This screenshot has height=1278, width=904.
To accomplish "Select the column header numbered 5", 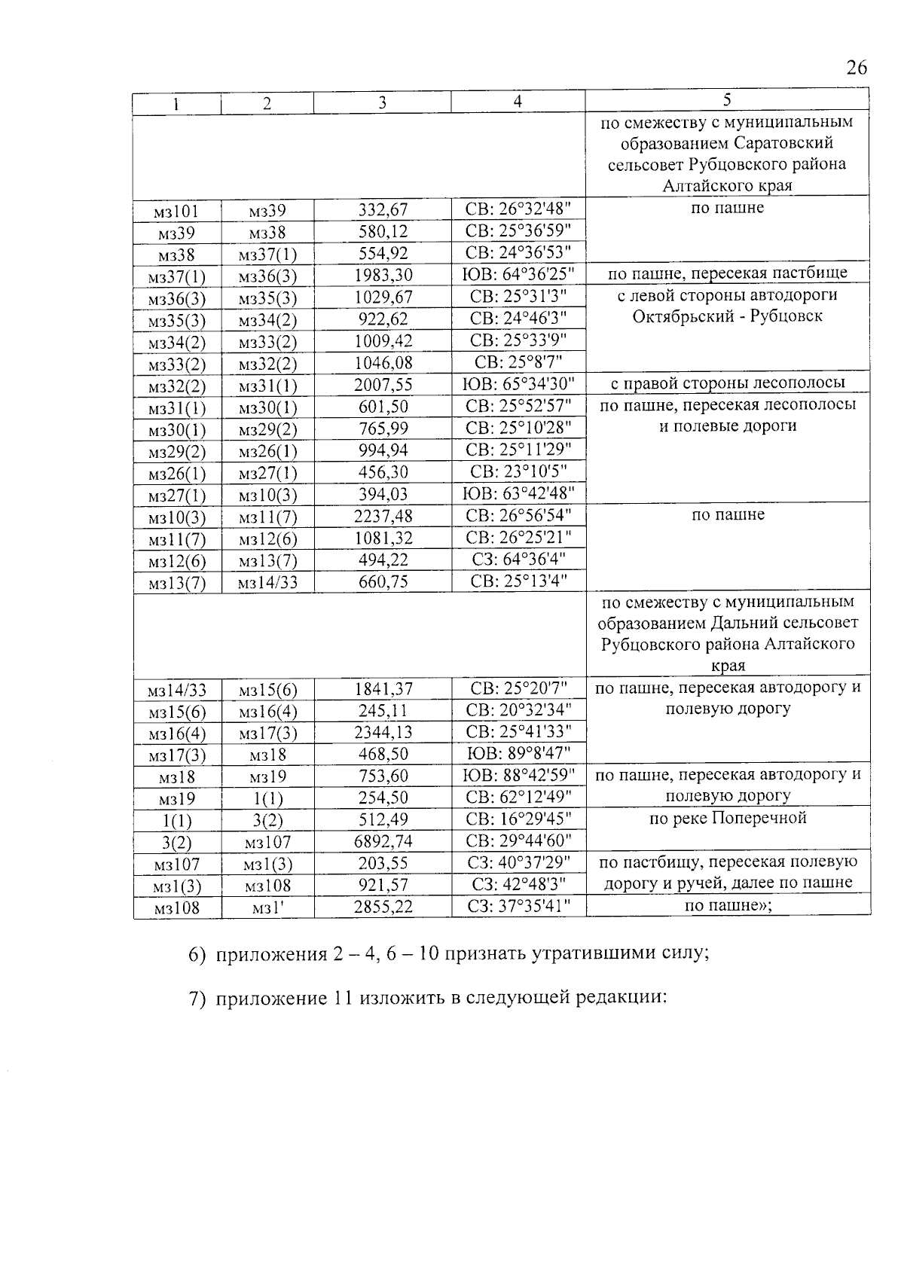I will click(x=727, y=100).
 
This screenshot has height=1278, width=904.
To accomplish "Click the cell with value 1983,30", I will click(x=383, y=275).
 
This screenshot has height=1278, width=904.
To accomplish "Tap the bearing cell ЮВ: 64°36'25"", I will click(x=518, y=275).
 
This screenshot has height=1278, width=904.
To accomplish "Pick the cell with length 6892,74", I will click(x=383, y=841).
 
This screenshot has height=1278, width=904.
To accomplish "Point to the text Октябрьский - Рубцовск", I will click(x=727, y=316).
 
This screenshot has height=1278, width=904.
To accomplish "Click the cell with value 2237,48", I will click(x=383, y=516).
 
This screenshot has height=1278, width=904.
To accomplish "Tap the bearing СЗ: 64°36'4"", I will click(x=518, y=560).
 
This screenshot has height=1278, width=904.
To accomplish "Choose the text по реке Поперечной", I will click(x=727, y=819).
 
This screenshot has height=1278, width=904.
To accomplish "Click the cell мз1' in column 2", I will click(x=267, y=908).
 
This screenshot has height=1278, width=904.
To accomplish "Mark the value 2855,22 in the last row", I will click(x=383, y=907).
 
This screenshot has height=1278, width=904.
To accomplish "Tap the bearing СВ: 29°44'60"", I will click(x=518, y=841).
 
